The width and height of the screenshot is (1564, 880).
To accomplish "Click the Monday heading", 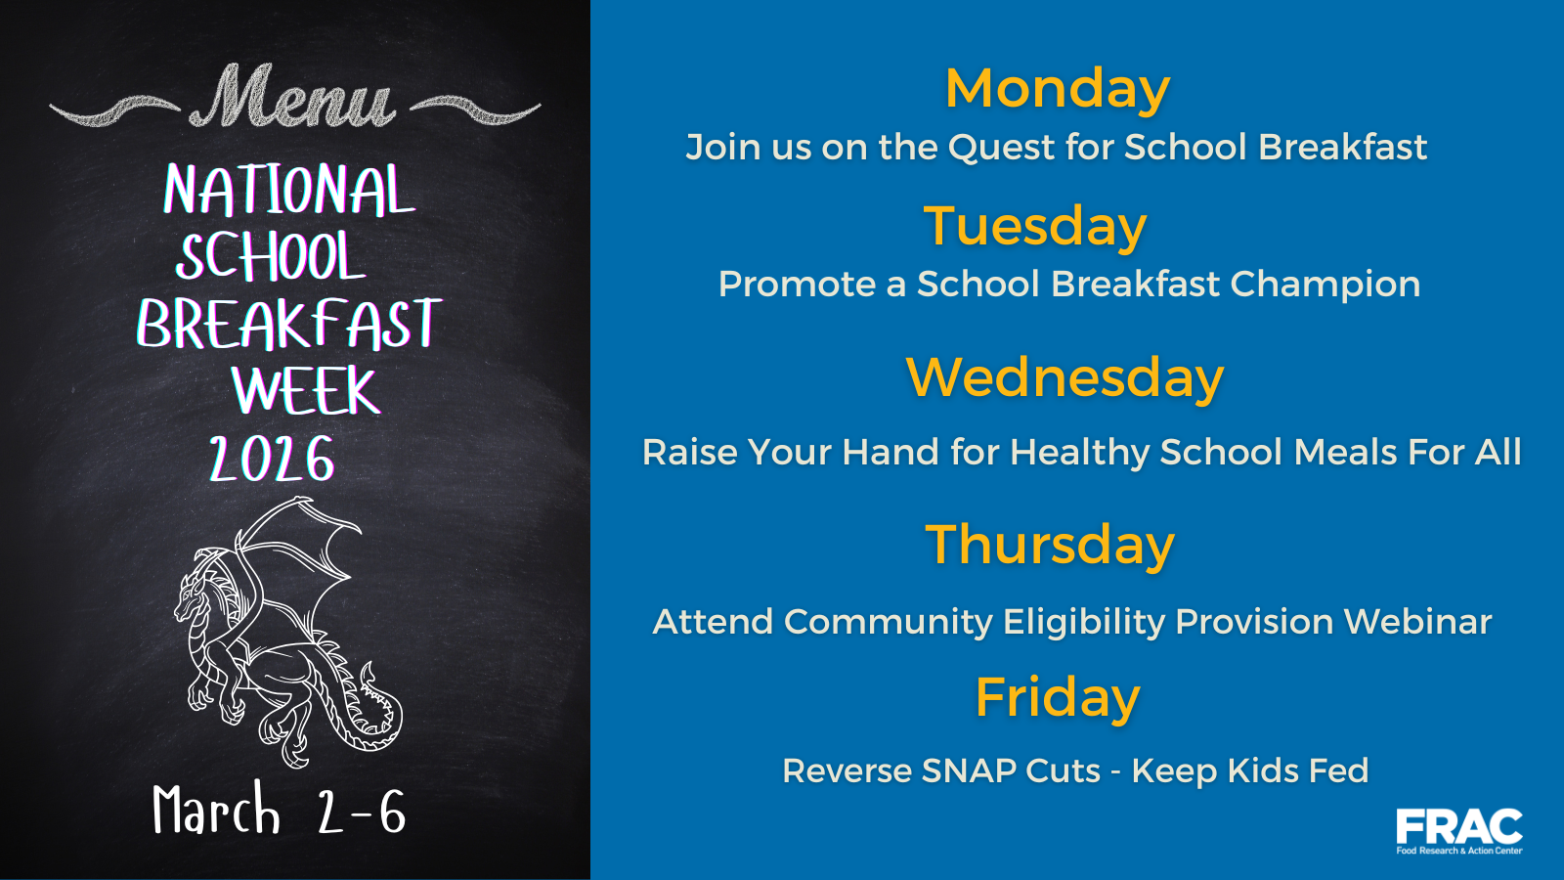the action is [1057, 89].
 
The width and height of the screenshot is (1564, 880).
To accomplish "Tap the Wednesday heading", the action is [1064, 377].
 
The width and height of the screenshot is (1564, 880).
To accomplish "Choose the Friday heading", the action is [1057, 698].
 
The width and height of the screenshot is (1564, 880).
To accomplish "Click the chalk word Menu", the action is [292, 97].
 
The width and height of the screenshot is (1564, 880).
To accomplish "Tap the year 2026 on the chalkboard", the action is [273, 459].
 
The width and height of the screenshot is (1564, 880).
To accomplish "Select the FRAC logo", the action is [1459, 831].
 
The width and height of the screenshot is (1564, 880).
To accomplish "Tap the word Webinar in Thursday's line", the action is [1417, 621].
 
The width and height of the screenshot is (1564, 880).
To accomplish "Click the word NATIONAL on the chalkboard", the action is [289, 190].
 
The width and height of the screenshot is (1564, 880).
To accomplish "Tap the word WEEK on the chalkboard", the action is [306, 390].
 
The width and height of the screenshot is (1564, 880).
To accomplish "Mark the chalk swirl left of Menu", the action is [114, 110].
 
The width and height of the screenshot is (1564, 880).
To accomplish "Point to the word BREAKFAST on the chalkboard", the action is [289, 324].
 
